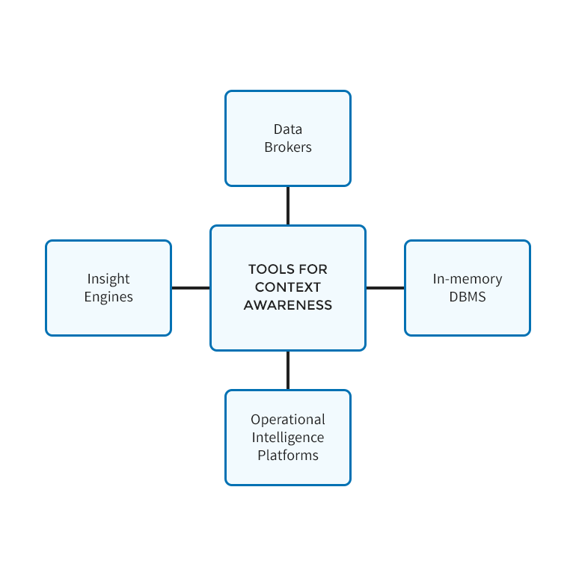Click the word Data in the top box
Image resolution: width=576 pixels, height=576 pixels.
tap(288, 129)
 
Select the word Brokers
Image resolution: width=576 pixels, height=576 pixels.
tap(288, 147)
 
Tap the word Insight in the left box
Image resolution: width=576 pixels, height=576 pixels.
tap(108, 279)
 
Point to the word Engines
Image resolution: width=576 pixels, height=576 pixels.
tap(108, 297)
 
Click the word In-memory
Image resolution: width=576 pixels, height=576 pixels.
tap(468, 279)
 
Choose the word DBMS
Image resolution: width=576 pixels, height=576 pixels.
tap(468, 297)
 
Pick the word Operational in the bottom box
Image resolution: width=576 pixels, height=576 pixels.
tap(288, 420)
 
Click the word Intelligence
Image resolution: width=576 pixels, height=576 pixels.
tap(288, 438)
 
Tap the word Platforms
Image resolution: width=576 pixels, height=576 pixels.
tap(288, 456)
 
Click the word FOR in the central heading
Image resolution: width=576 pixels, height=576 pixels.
tap(313, 269)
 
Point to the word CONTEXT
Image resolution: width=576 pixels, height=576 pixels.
tap(288, 287)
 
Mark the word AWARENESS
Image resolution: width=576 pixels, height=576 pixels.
tap(288, 305)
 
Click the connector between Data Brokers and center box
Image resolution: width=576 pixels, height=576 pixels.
tap(288, 206)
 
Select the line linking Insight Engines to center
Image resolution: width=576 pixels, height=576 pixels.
tap(191, 288)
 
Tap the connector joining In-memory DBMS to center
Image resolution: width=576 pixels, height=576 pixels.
tap(385, 288)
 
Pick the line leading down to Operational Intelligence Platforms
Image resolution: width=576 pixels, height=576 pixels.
tap(288, 370)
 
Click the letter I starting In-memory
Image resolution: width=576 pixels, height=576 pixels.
tap(435, 279)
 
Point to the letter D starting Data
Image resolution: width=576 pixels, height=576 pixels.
tap(278, 129)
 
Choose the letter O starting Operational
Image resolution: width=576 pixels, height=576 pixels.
tap(256, 420)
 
